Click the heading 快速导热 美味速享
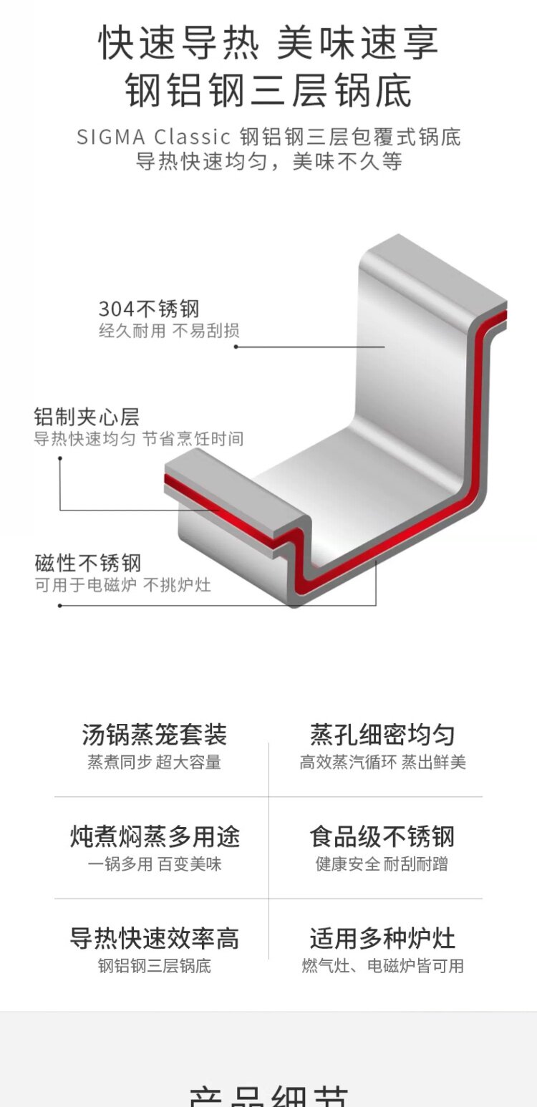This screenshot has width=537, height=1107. (268, 43)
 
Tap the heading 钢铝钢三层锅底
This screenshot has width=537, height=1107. (268, 91)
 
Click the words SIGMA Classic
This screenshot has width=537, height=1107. (153, 136)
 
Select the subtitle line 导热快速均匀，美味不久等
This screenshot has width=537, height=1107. (268, 161)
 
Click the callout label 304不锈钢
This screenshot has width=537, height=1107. (149, 309)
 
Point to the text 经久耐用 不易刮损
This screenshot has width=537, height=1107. (169, 331)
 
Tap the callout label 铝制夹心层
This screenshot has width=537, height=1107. (87, 417)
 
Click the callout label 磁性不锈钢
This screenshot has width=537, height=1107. (87, 562)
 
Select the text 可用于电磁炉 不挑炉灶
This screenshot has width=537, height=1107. (122, 585)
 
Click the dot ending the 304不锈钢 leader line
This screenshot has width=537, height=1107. (236, 347)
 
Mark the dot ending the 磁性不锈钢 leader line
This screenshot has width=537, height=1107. (59, 605)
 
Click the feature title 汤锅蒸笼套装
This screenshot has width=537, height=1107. (154, 735)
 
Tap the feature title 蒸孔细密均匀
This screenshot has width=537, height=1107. (382, 735)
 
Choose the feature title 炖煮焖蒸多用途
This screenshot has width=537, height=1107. (155, 836)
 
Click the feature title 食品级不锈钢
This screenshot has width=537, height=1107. (382, 836)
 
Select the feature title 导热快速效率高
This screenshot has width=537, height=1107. (155, 938)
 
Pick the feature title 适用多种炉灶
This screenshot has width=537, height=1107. (382, 938)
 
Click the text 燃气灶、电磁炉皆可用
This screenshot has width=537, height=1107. (382, 966)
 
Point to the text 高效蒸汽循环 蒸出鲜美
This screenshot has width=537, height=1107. (382, 763)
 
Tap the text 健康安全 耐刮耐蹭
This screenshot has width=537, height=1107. (382, 864)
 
